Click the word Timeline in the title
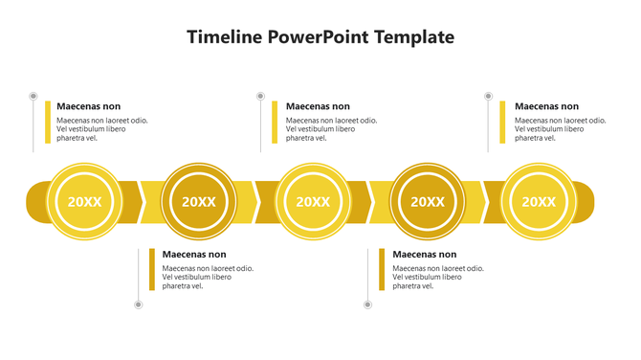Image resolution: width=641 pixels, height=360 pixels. (225, 37)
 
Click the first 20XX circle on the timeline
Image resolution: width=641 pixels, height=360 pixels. (84, 201)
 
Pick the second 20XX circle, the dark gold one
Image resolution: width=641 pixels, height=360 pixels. (199, 201)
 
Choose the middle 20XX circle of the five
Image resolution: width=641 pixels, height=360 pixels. (313, 201)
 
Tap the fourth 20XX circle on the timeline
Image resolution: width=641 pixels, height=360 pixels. (428, 201)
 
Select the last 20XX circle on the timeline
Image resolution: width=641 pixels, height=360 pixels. (539, 201)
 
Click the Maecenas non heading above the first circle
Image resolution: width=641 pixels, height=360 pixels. (88, 106)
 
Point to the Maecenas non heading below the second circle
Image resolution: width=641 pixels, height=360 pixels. (194, 255)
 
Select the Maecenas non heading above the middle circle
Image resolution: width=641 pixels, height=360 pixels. (318, 106)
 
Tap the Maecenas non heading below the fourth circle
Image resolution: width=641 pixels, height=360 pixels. (425, 255)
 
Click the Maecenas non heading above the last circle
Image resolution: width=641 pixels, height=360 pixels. (546, 106)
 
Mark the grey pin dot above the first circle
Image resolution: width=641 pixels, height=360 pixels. (33, 97)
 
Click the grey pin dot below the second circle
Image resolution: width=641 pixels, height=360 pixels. (139, 304)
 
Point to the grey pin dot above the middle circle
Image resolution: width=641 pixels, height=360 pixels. (260, 97)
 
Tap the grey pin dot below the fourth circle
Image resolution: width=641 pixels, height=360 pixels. (368, 304)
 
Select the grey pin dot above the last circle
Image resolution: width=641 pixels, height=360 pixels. (488, 97)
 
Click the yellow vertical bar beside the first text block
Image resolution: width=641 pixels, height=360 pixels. (48, 123)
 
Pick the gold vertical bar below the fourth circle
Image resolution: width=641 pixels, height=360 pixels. (382, 270)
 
